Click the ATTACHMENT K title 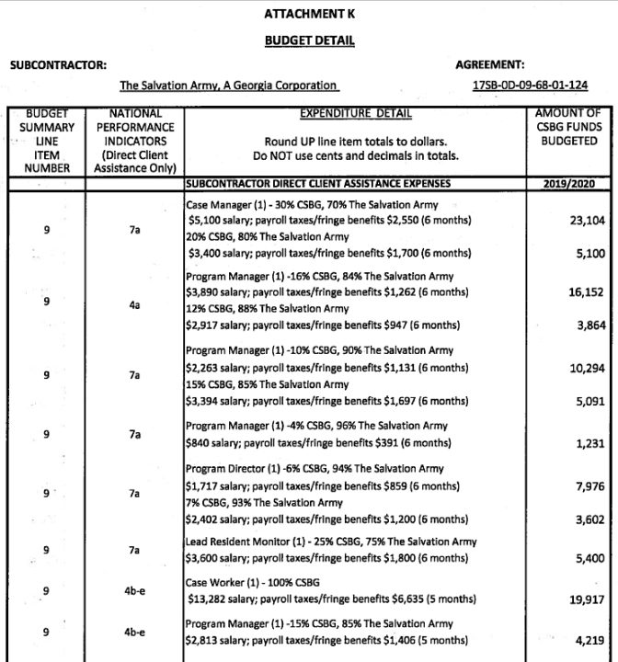(308, 16)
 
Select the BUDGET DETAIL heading (308, 41)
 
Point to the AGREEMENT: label (490, 64)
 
